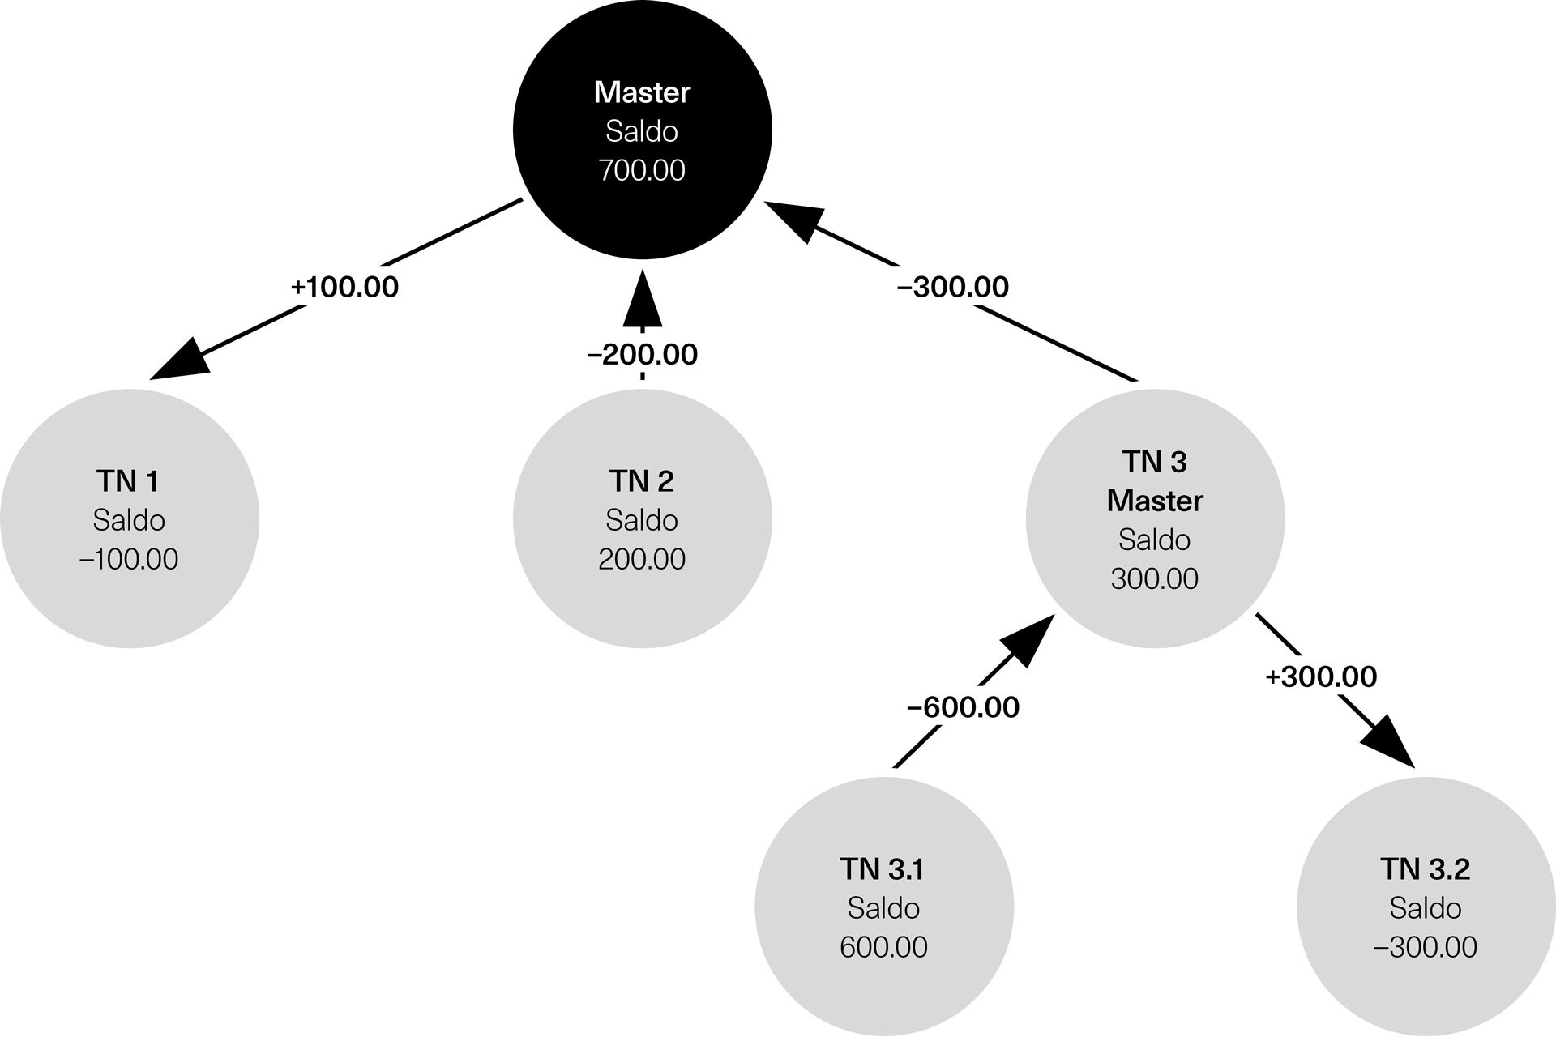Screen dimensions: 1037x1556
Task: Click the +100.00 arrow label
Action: [x=344, y=287]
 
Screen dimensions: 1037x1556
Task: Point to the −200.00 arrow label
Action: [x=642, y=354]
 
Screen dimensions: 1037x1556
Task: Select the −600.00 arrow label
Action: [x=963, y=707]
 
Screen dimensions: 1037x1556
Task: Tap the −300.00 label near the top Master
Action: [x=953, y=287]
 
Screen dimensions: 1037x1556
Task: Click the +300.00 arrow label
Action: [x=1321, y=676]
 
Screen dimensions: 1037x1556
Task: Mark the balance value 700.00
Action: [x=642, y=170]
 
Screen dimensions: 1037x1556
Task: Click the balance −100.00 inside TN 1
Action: [x=130, y=559]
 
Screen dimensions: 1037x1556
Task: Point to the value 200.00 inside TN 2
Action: [x=642, y=559]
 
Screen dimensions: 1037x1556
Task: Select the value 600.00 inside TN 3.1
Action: [x=883, y=947]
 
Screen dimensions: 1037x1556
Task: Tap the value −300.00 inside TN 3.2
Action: [x=1425, y=947]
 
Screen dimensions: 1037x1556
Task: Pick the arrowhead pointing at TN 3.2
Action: [x=1387, y=740]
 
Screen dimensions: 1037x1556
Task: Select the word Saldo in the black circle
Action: [x=642, y=131]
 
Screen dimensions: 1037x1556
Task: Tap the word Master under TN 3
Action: [x=1155, y=501]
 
